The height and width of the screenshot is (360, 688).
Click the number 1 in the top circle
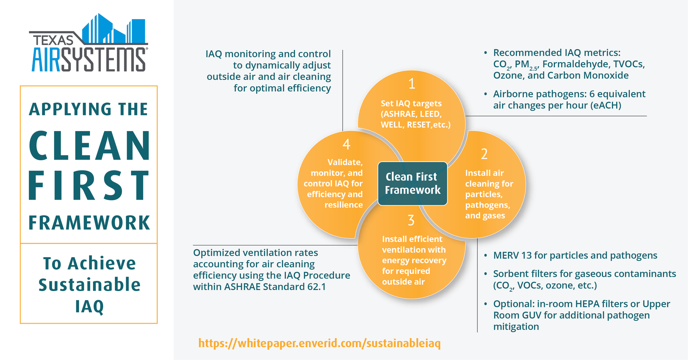(x=412, y=84)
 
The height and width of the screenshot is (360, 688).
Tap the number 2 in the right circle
(x=484, y=154)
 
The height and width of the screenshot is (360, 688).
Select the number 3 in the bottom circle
(x=411, y=221)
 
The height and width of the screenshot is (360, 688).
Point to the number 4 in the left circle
(x=346, y=144)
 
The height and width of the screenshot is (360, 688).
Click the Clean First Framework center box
(x=413, y=184)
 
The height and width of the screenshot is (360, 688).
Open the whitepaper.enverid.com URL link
(x=319, y=343)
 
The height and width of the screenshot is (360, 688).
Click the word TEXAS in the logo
(x=53, y=40)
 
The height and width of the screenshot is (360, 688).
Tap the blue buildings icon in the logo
(x=114, y=28)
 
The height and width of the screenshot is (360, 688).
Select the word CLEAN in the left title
(x=90, y=146)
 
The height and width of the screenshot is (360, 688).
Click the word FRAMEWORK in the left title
(x=89, y=223)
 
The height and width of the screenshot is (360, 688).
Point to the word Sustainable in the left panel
(x=89, y=285)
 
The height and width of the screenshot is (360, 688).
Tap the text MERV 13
(x=513, y=255)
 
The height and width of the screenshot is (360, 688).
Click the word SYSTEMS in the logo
(x=103, y=59)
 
